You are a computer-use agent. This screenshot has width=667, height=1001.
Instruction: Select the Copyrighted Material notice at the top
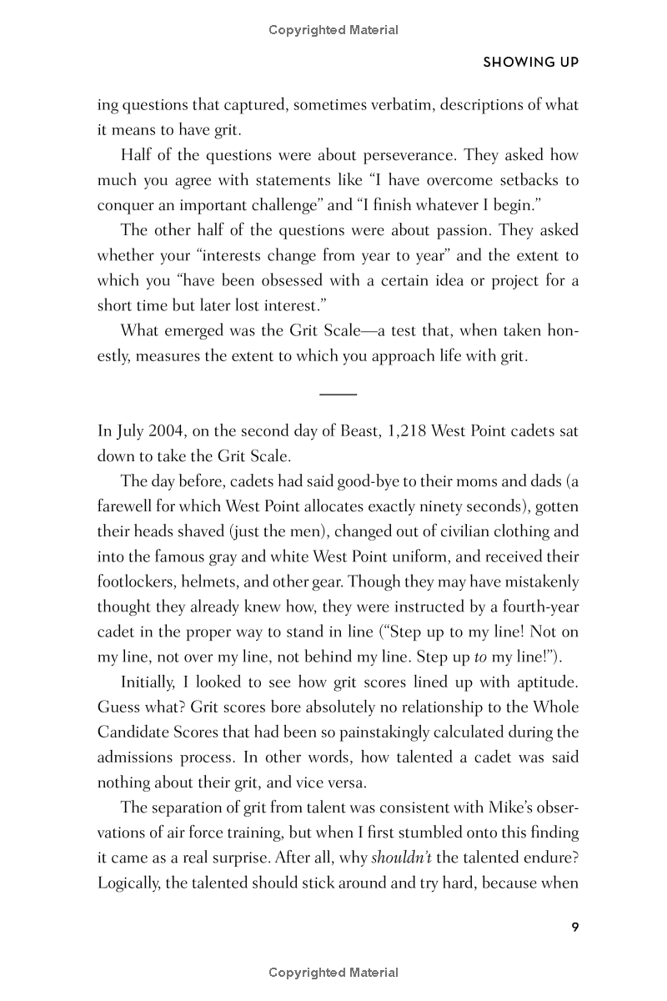(x=333, y=30)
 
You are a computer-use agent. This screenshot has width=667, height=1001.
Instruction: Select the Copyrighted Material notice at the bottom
(x=333, y=973)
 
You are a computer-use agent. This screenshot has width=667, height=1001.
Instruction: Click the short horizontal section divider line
(x=338, y=393)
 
